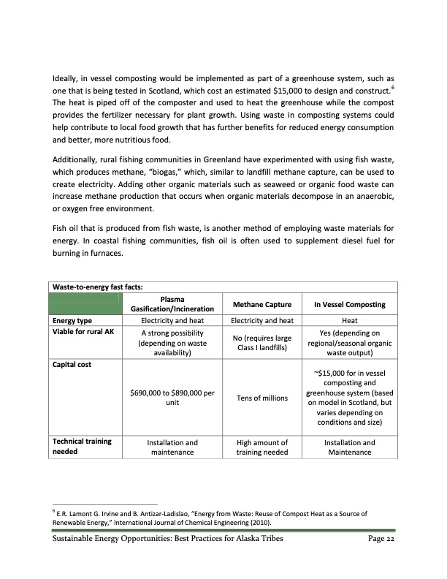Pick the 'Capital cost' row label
click(69, 363)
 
